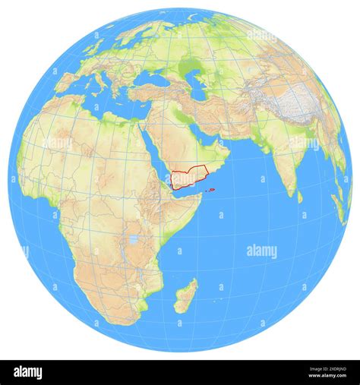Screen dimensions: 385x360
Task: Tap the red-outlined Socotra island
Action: pyautogui.click(x=211, y=190)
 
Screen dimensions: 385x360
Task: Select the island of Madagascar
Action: pyautogui.click(x=186, y=295)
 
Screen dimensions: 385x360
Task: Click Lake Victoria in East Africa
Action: pyautogui.click(x=134, y=241)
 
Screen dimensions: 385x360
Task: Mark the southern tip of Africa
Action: pyautogui.click(x=122, y=323)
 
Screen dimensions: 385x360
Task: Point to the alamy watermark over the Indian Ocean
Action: pyautogui.click(x=262, y=251)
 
